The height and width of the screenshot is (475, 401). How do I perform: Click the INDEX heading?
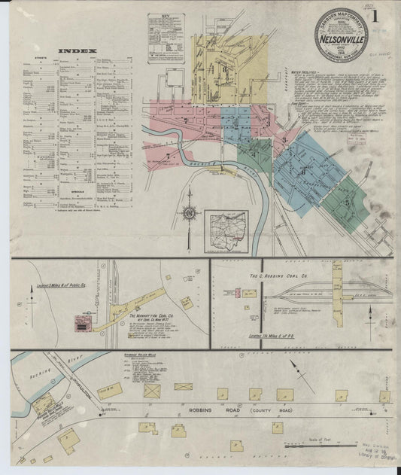tap(77, 52)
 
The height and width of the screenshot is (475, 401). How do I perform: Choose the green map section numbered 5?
tap(347, 202)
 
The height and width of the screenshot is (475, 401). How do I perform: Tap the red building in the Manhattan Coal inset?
tap(81, 323)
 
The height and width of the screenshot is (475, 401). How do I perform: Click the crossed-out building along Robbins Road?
tap(152, 391)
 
